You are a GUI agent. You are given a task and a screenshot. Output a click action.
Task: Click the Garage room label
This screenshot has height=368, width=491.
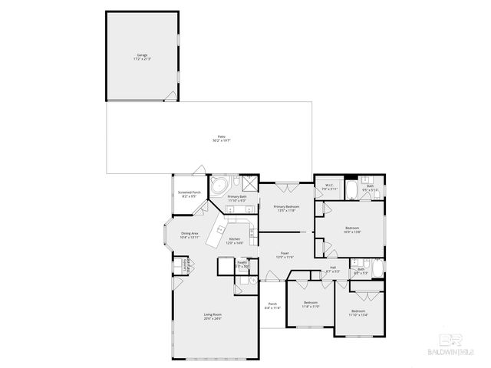[x=143, y=57]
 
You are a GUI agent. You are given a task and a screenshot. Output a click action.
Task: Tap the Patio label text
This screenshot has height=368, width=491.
[x=221, y=139]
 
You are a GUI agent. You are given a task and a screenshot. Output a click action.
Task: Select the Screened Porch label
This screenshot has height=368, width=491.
[x=189, y=194]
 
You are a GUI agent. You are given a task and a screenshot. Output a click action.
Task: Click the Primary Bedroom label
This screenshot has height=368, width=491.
[x=286, y=209]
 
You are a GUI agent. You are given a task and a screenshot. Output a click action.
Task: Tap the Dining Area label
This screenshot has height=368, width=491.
[x=189, y=235]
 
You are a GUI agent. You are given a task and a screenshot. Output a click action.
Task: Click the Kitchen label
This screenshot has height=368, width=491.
[x=235, y=242]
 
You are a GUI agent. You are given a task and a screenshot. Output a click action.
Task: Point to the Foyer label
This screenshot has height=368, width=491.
[x=285, y=255]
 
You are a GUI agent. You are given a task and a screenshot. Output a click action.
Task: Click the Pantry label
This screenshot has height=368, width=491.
[x=242, y=264]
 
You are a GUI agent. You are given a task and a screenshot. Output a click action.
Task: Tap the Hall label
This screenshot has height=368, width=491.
[x=332, y=269]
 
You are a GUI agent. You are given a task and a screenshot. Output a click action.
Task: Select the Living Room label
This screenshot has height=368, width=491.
[x=213, y=317]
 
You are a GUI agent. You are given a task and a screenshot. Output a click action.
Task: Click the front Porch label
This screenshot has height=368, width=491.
[x=272, y=306]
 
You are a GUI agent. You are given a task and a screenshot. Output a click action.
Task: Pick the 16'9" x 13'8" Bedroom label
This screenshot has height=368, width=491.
[x=352, y=229]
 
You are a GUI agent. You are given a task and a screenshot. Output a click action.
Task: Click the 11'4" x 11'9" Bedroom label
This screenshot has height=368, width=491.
[x=311, y=305]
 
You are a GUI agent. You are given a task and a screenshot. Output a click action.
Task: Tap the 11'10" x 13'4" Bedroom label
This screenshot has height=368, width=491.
[x=358, y=313]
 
